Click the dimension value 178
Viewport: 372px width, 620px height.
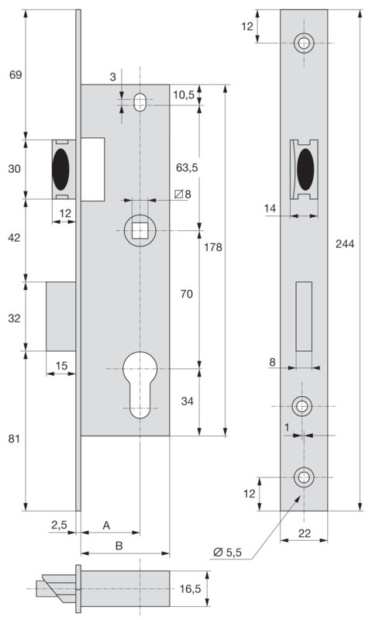[213, 247]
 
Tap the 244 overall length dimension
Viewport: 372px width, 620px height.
[345, 244]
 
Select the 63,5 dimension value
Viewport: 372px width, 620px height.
[187, 167]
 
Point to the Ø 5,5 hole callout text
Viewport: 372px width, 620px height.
[227, 552]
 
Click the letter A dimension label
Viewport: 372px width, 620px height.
[106, 525]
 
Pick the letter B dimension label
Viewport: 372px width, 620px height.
[119, 546]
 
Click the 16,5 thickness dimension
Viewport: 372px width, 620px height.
[190, 589]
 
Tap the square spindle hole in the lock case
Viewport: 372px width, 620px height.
[139, 230]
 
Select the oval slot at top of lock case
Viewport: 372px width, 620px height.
[139, 102]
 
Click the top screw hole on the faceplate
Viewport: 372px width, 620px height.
[304, 43]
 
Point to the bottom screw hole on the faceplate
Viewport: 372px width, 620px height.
[304, 477]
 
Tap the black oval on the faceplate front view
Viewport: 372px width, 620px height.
[305, 169]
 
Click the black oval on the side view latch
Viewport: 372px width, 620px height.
[61, 169]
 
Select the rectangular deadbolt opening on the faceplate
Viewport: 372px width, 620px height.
[304, 316]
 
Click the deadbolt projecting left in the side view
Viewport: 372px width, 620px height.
[61, 316]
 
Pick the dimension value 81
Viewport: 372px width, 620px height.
[14, 439]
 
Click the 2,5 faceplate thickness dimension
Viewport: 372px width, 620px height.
[60, 525]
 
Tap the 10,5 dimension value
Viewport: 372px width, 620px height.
[184, 95]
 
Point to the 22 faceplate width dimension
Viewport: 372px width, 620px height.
[304, 533]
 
